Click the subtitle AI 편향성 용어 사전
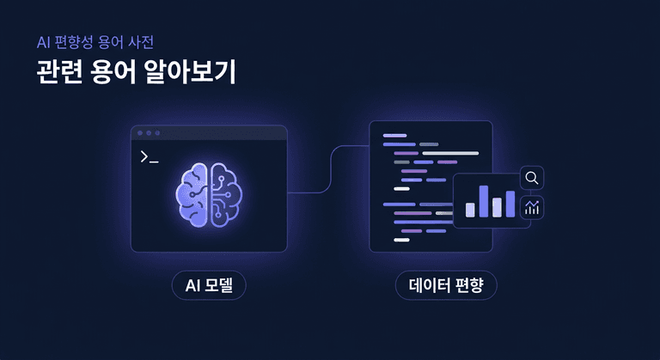click(x=95, y=41)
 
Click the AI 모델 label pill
click(x=209, y=284)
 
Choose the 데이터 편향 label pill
click(x=447, y=284)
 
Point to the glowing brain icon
click(x=209, y=194)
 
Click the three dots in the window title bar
click(x=148, y=133)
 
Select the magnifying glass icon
click(x=532, y=179)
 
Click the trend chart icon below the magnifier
click(x=532, y=206)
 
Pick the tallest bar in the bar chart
click(x=483, y=201)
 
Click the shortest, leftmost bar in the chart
click(x=470, y=210)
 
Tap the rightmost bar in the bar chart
click(x=510, y=204)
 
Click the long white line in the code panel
click(x=450, y=153)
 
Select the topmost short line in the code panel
click(x=394, y=135)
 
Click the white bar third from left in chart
click(x=497, y=207)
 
